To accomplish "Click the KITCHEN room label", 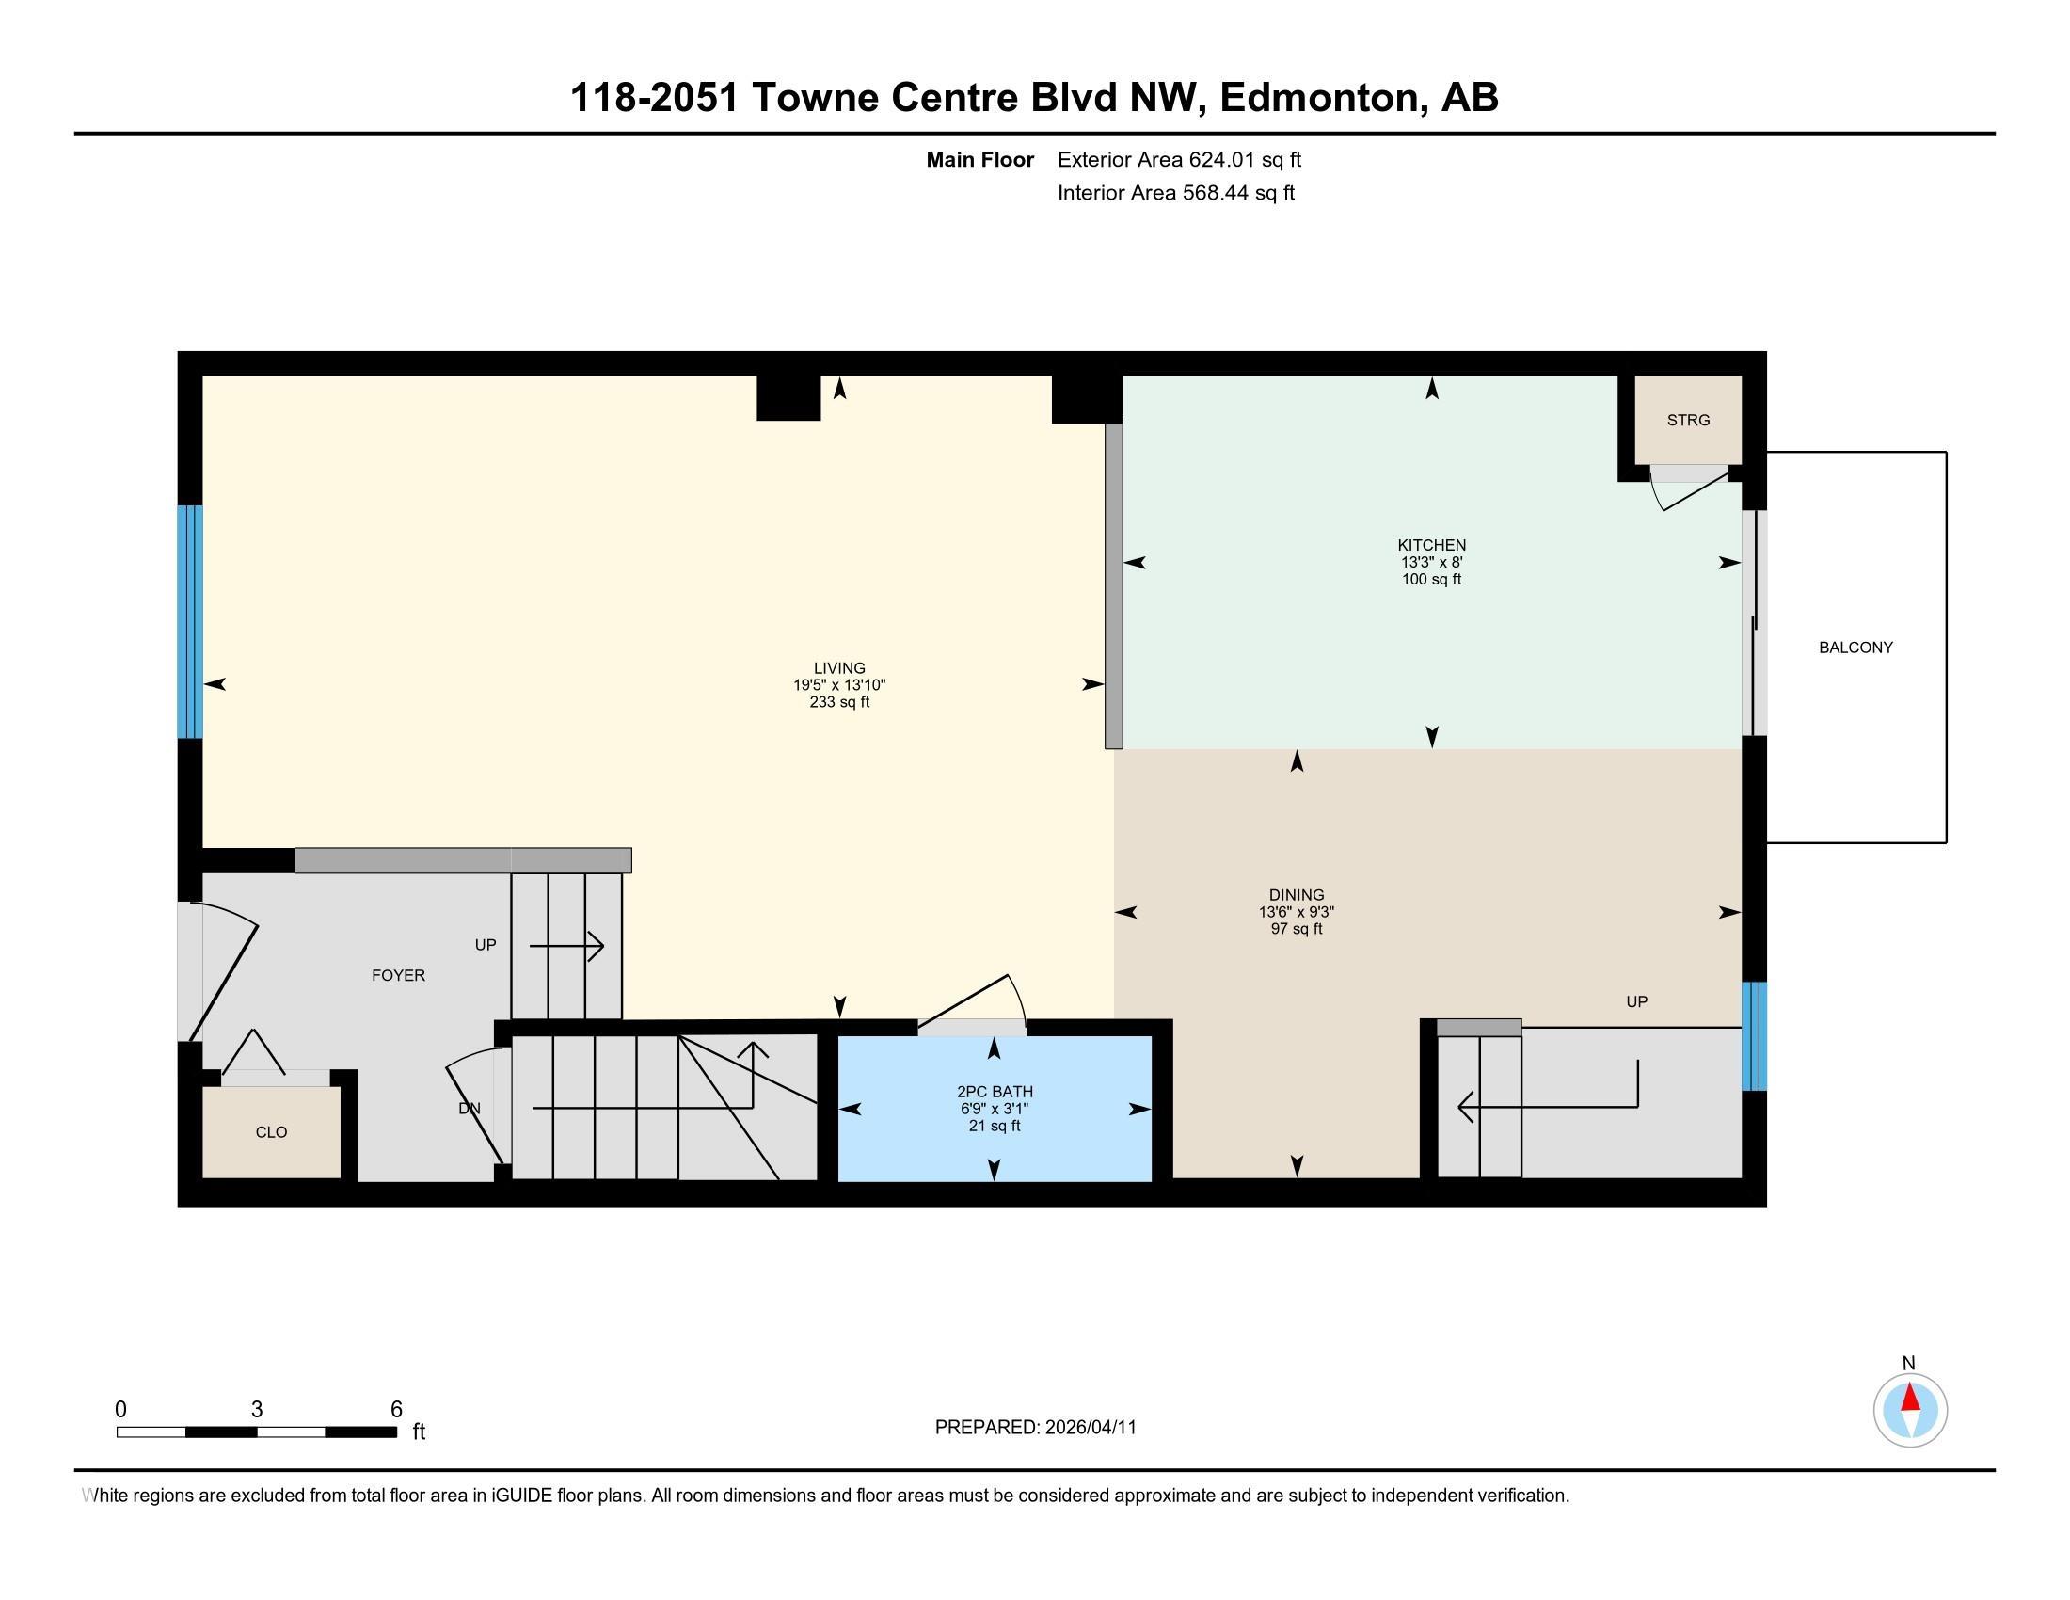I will coord(1431,545).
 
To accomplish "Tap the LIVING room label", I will coord(838,668).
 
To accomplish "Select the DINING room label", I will coord(1296,895).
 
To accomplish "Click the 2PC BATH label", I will coord(994,1092).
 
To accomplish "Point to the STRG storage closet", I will coord(1688,420).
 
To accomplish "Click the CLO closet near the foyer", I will coord(271,1131).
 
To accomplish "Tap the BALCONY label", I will coord(1855,648).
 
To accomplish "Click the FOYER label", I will coord(398,975).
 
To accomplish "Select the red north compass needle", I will coord(1910,1399).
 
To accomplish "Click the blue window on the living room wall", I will coord(190,621).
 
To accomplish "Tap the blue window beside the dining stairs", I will coord(1754,1036).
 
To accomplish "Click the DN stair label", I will coord(470,1108).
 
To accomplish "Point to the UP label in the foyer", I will coord(486,945).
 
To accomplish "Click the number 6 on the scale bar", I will coord(396,1410).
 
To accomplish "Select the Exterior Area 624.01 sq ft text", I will coord(1178,159).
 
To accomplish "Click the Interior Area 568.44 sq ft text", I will coord(1175,193).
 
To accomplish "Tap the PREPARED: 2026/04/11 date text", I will coord(1035,1428).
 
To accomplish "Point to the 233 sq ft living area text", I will coord(838,702).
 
